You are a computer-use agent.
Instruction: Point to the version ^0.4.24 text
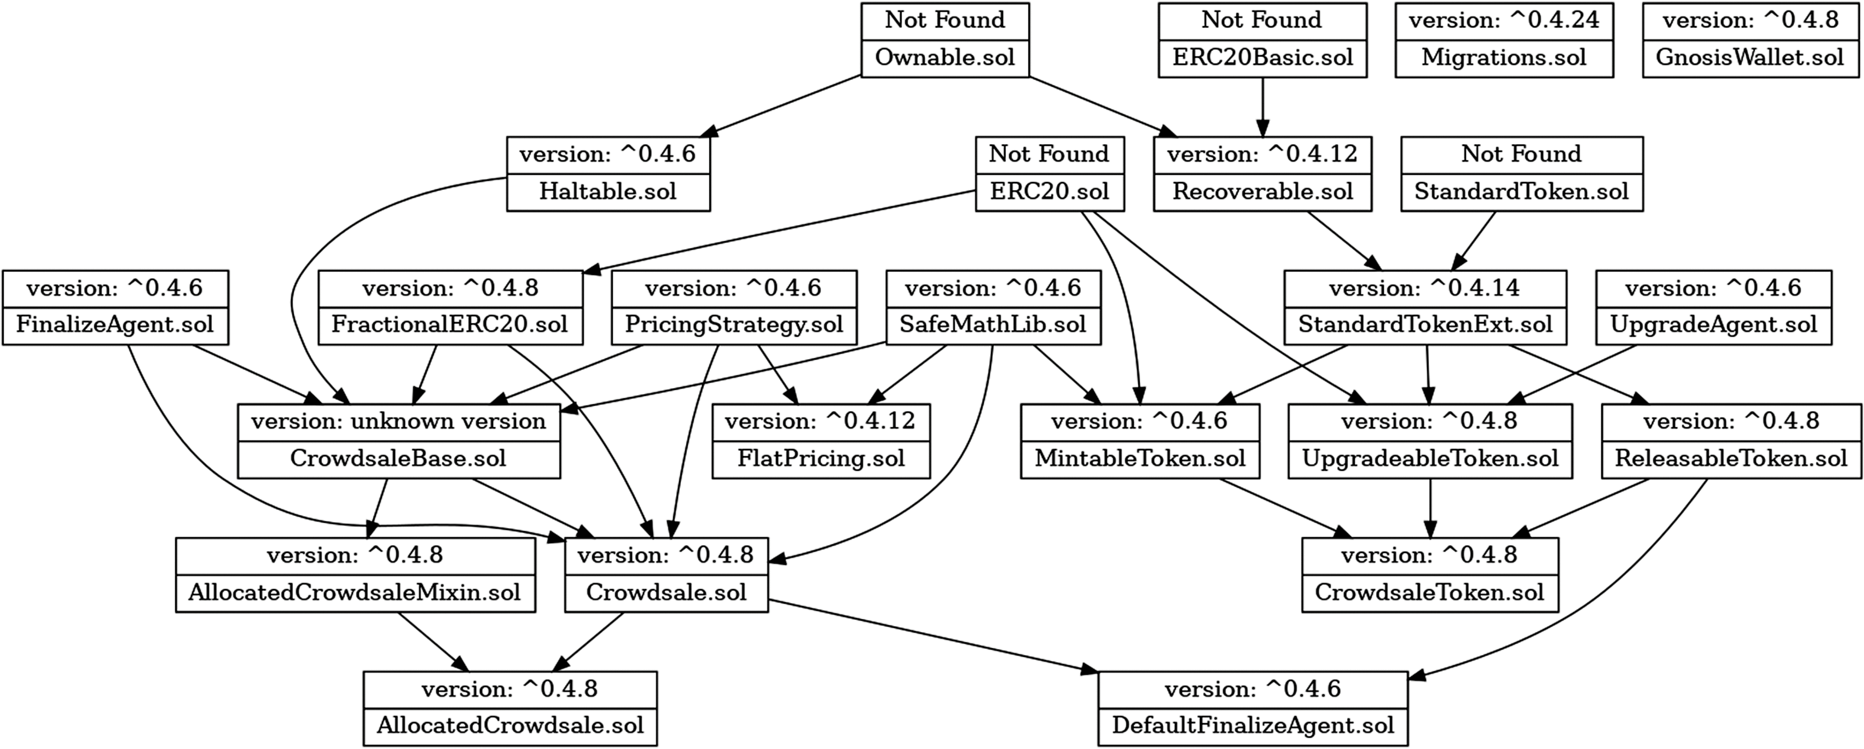1503,20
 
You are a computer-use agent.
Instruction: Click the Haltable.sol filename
608,192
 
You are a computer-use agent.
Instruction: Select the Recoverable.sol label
1262,192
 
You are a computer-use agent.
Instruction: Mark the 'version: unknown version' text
398,421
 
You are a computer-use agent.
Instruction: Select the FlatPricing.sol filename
821,459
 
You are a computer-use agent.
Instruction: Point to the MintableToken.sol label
1140,459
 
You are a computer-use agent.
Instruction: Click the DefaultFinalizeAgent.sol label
1253,726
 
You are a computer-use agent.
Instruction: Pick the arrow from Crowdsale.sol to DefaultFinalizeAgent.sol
933,637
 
